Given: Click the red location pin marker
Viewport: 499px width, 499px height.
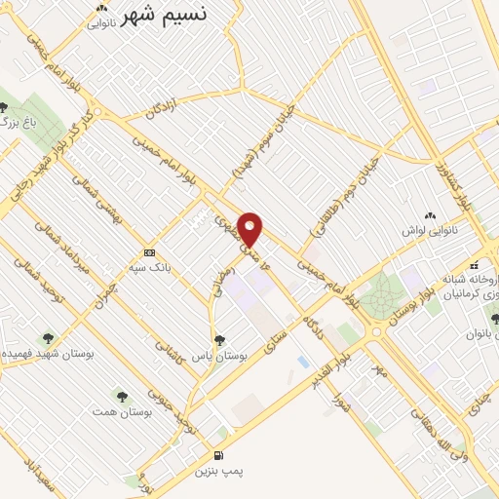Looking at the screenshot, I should tap(250, 229).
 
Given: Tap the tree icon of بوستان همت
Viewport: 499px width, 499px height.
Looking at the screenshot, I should tap(122, 396).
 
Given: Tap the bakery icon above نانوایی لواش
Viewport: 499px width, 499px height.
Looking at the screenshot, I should tap(429, 214).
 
